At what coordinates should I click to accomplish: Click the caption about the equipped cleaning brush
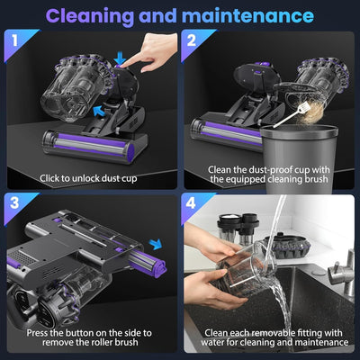pos(270,172)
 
